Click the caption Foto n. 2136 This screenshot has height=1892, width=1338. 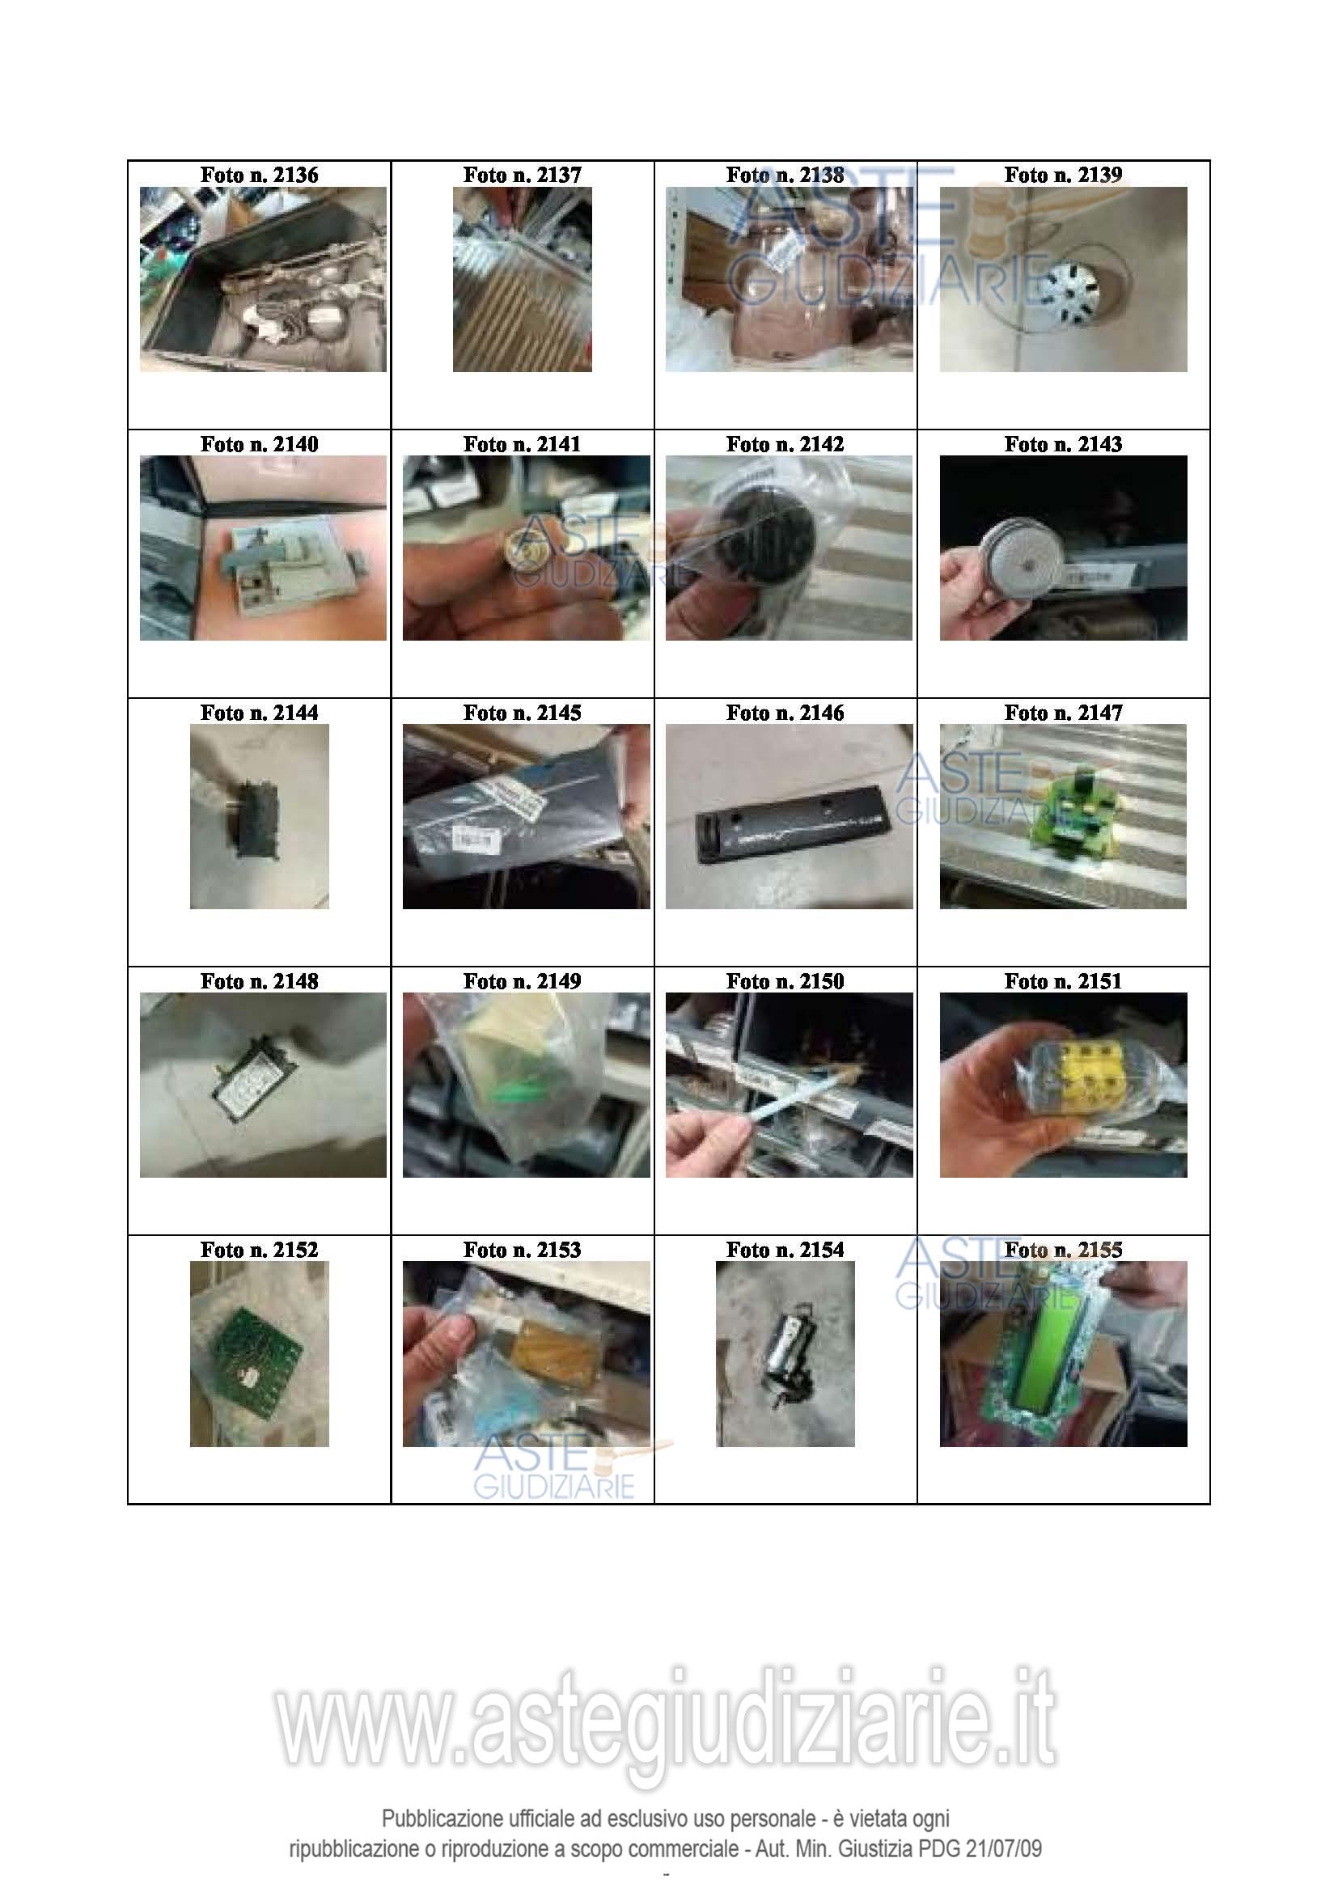(x=259, y=175)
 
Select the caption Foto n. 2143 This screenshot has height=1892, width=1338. (x=1063, y=444)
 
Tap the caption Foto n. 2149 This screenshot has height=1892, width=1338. (x=522, y=981)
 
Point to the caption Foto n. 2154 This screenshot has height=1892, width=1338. (x=785, y=1250)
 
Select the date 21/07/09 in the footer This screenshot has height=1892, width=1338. (x=1003, y=1848)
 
